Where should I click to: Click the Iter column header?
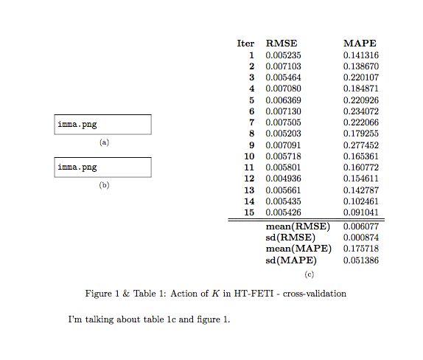(x=245, y=44)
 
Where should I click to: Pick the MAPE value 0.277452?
(x=361, y=145)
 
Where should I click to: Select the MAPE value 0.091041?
(x=361, y=212)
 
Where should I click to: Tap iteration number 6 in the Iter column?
(x=251, y=111)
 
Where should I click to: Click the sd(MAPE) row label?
(x=292, y=261)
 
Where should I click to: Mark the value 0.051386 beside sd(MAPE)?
(x=361, y=261)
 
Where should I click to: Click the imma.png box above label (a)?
(x=103, y=125)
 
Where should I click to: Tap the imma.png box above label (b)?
(x=103, y=167)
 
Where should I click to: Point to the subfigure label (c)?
(x=310, y=275)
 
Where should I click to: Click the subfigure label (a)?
(x=104, y=142)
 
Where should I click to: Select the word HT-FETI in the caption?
(x=251, y=294)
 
